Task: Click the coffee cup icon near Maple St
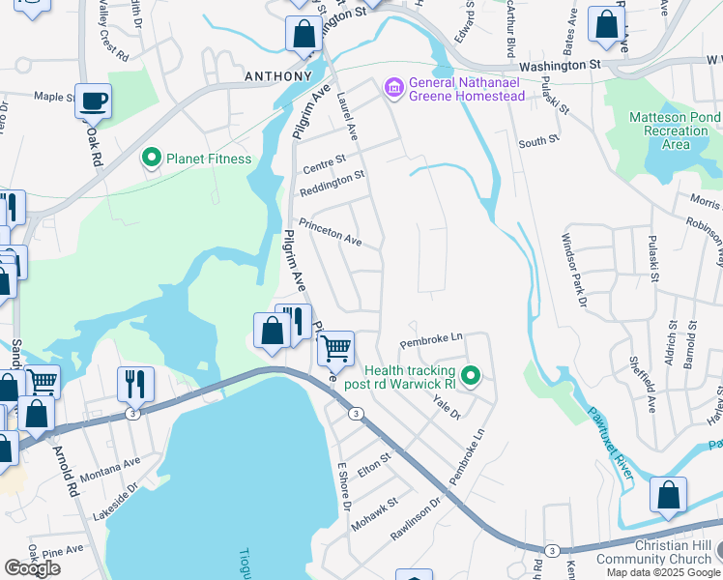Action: [94, 101]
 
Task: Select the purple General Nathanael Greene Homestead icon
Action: [393, 89]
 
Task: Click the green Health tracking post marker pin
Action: [471, 375]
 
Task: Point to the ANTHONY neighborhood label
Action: [278, 75]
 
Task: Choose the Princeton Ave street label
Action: [330, 232]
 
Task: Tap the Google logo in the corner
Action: [33, 568]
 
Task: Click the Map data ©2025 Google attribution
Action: [663, 572]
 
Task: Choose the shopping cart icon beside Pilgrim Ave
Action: [334, 347]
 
